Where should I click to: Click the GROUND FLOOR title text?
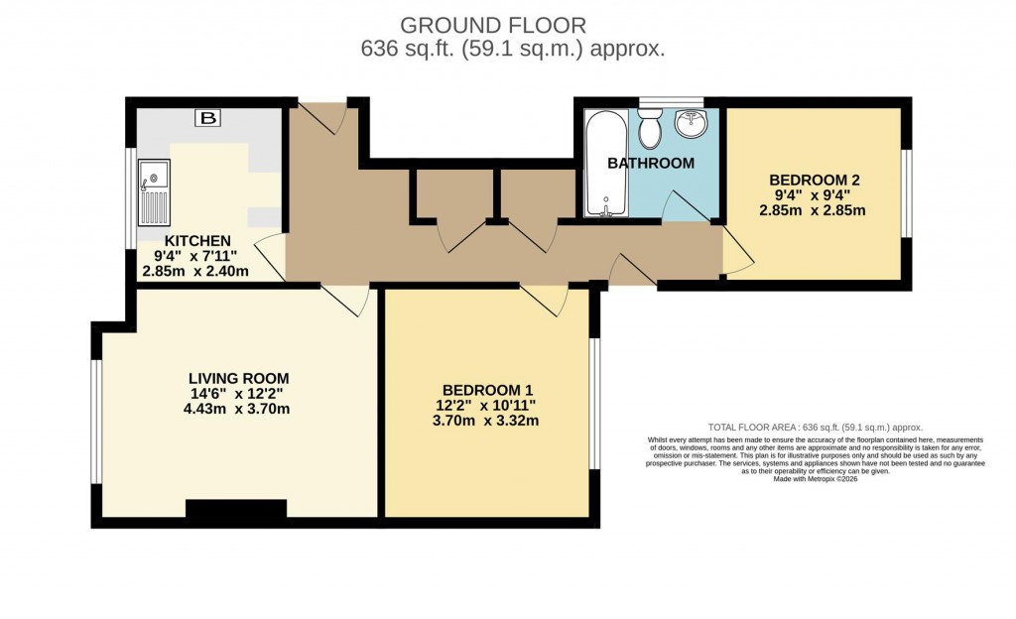click(493, 25)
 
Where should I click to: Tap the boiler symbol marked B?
click(207, 119)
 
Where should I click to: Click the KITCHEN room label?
click(197, 241)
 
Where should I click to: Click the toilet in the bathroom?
click(651, 128)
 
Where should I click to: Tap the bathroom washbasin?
click(691, 124)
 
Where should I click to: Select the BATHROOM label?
click(651, 163)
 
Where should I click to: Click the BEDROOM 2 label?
click(814, 180)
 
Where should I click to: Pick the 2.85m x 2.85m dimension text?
click(814, 210)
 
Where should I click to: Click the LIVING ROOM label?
click(239, 378)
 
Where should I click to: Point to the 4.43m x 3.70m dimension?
click(239, 408)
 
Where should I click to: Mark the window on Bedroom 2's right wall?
click(905, 193)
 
